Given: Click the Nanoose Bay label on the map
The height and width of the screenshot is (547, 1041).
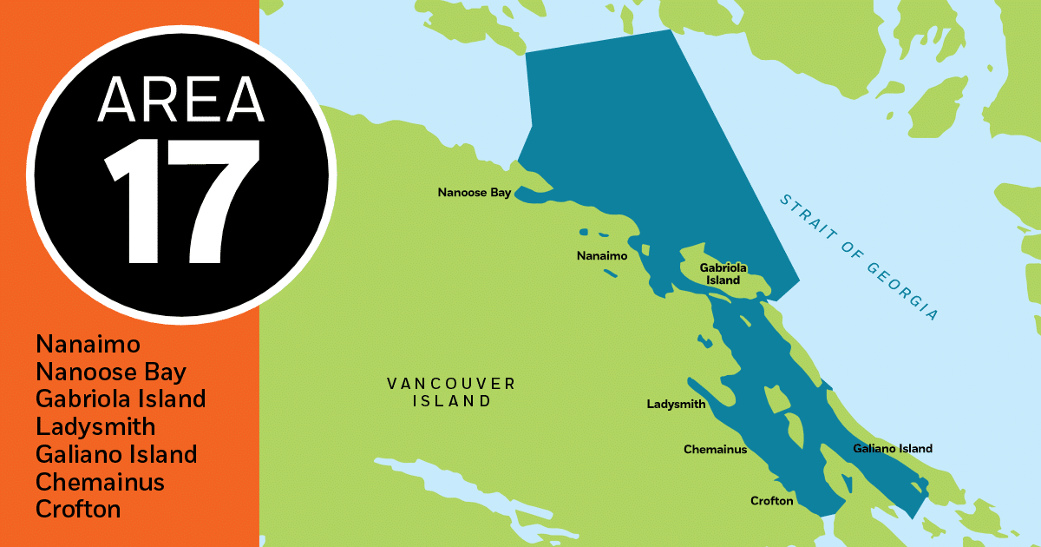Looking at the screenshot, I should pos(475,193).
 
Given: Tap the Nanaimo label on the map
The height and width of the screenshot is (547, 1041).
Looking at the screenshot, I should pos(601,256).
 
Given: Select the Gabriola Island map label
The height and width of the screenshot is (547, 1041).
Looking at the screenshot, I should pos(723,274).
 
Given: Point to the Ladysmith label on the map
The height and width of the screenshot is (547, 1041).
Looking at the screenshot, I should pos(677,405).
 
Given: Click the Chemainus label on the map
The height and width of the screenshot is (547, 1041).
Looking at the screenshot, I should pos(715,450).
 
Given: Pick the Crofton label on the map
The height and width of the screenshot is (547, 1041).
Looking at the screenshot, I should pos(772,501).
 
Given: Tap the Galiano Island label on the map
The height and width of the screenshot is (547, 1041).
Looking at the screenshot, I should pos(893,449).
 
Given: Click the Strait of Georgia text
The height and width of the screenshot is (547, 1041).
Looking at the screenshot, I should pos(859,257).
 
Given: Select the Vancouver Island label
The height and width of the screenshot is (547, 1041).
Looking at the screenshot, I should pos(451,392).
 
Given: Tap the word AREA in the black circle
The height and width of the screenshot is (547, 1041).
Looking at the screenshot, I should pos(181,99).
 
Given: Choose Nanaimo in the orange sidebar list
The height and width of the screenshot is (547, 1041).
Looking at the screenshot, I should pos(88,345).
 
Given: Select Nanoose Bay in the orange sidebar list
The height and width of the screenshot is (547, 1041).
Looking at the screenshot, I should pos(111,372).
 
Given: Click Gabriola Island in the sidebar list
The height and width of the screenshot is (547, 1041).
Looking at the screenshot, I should pos(121,399).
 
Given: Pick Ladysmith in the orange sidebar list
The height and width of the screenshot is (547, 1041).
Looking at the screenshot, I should pos(95,427).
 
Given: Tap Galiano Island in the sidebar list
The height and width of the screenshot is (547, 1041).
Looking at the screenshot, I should pos(116,454).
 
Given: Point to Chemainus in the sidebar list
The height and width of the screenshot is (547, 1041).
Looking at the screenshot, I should pos(100,482).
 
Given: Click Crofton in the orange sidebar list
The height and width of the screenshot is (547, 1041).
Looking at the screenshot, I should pos(78,509).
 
